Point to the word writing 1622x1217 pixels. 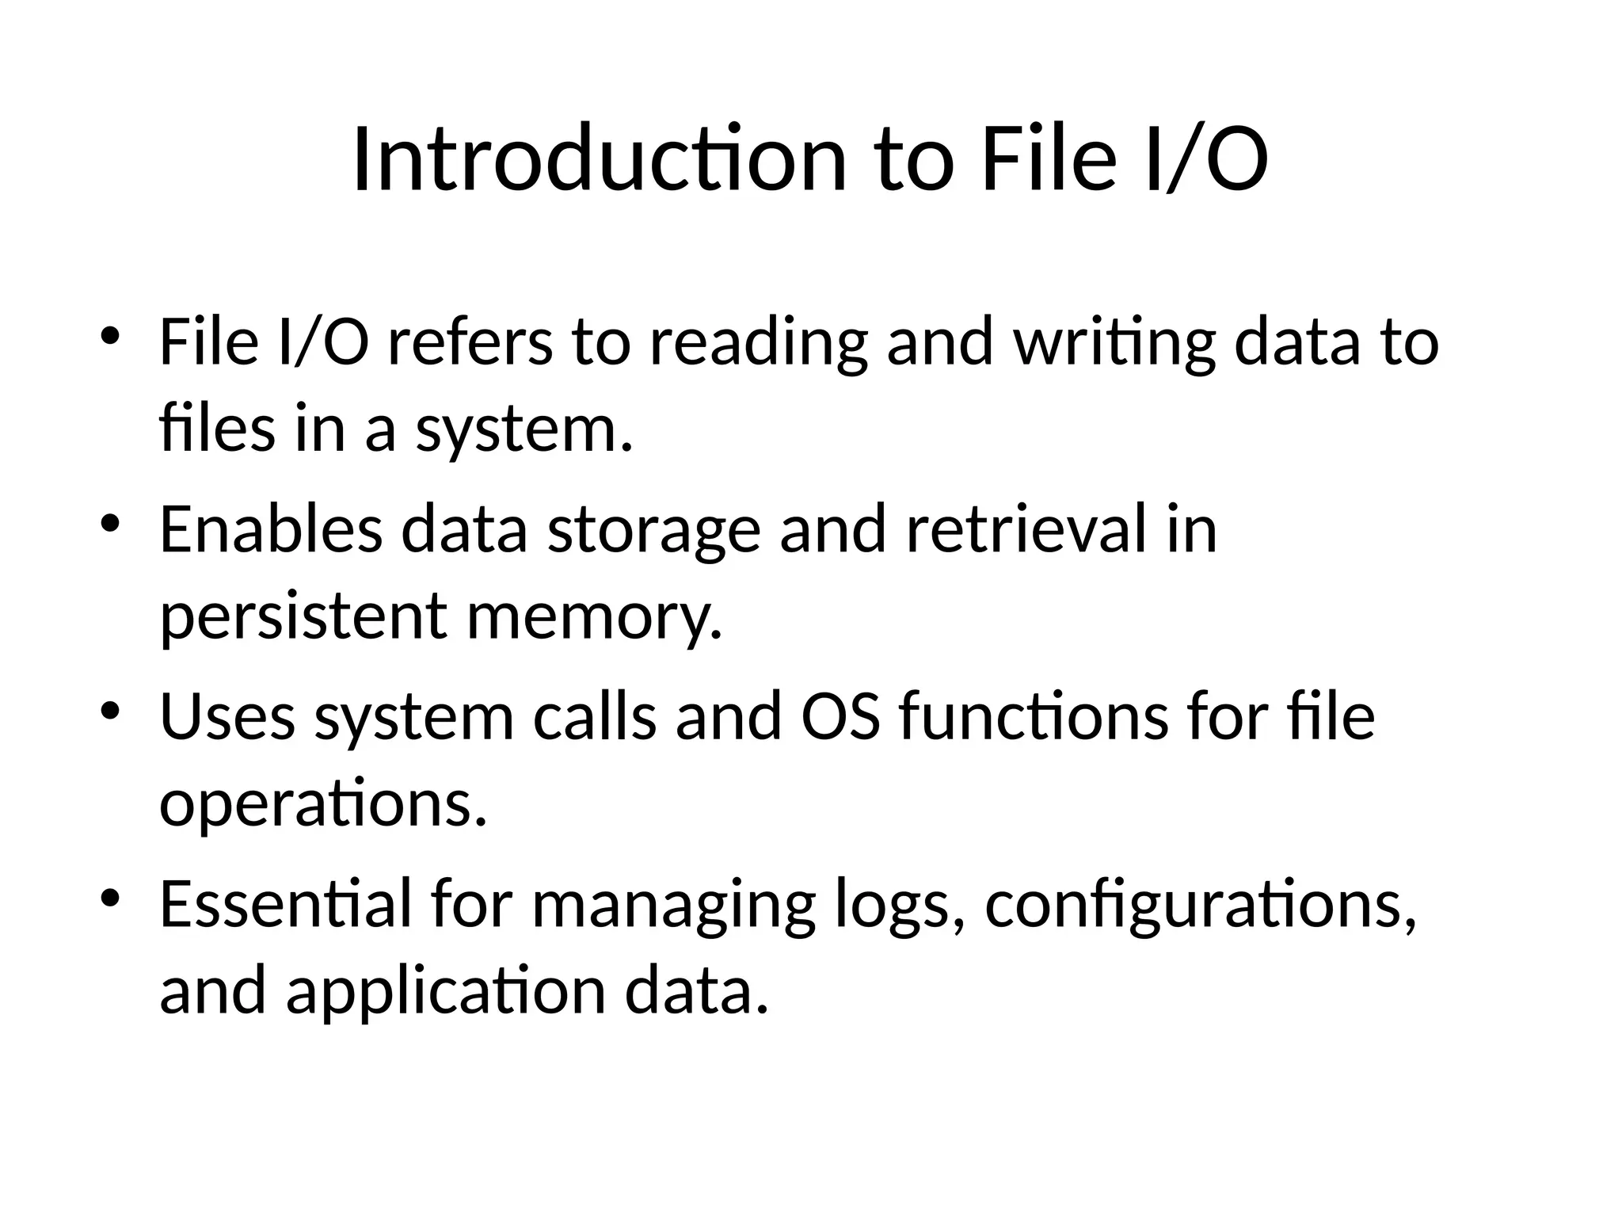(x=1114, y=344)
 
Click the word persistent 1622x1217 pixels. (x=303, y=618)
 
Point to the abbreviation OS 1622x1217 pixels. (x=840, y=716)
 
